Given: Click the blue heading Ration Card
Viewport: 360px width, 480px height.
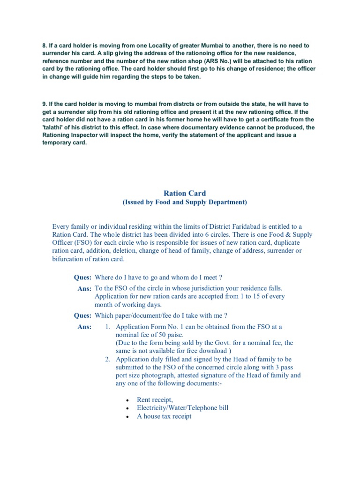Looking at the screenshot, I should pos(184,193).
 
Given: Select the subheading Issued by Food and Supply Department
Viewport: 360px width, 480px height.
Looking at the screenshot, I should pos(184,202).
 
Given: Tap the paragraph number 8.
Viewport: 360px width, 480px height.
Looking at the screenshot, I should pos(45,45).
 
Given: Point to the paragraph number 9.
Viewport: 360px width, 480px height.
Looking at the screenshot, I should pos(45,103).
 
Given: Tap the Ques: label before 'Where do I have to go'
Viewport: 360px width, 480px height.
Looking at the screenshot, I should pos(82,277).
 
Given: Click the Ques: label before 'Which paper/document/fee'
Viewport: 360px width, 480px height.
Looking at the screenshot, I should pos(82,315).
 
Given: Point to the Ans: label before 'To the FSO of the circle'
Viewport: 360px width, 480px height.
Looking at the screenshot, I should pos(84,289).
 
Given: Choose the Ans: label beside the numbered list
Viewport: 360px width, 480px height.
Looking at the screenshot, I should pos(84,327).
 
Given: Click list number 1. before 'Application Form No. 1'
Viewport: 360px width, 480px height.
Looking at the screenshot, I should pos(107,327).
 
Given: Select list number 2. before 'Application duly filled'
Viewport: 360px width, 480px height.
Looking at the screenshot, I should pos(107,359).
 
